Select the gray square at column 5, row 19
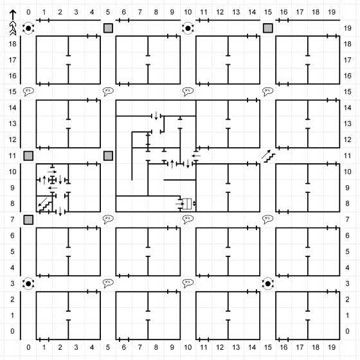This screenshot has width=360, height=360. pyautogui.click(x=108, y=28)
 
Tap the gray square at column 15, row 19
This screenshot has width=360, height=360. pyautogui.click(x=267, y=28)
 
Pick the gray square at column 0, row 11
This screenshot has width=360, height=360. pyautogui.click(x=28, y=156)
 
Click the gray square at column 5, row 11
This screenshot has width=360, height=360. pyautogui.click(x=108, y=156)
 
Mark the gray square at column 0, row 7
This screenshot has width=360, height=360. pyautogui.click(x=28, y=220)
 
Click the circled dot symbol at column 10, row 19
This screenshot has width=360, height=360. pyautogui.click(x=188, y=28)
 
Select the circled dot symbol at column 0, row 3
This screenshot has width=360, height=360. pyautogui.click(x=28, y=283)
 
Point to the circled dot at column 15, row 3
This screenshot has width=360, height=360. pyautogui.click(x=267, y=283)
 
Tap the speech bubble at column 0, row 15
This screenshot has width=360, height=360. pyautogui.click(x=28, y=91)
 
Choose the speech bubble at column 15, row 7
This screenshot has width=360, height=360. pyautogui.click(x=267, y=219)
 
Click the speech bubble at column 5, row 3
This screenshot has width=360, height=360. pyautogui.click(x=108, y=283)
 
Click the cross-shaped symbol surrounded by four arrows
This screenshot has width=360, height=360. pyautogui.click(x=52, y=180)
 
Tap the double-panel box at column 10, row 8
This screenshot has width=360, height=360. pyautogui.click(x=187, y=204)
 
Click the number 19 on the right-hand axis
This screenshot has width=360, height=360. pyautogui.click(x=347, y=28)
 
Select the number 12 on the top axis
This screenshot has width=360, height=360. pyautogui.click(x=220, y=12)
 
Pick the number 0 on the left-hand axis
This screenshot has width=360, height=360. pyautogui.click(x=12, y=331)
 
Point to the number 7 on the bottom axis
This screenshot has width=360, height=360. pyautogui.click(x=140, y=347)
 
